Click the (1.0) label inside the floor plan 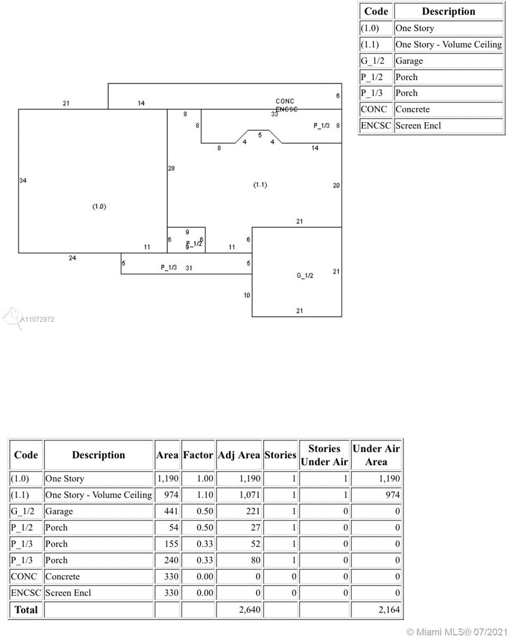99,206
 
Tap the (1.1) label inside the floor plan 260,185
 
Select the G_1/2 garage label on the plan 305,275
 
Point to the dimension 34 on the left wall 23,181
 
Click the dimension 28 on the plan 171,169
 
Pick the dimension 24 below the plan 72,258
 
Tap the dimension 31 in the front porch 189,268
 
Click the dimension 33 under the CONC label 274,114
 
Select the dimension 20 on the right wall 336,186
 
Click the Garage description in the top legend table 409,61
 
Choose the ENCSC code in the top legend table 375,126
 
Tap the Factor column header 198,455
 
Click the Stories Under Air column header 324,455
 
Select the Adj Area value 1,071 250,495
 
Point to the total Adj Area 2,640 250,610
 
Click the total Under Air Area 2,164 389,610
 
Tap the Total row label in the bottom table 26,610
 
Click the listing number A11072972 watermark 37,320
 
